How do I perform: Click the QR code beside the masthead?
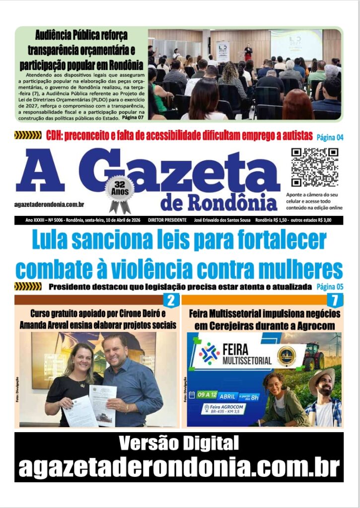(x=314, y=167)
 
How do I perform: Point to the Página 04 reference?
(x=330, y=137)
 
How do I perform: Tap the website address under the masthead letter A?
(x=49, y=204)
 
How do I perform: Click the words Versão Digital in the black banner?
(x=179, y=442)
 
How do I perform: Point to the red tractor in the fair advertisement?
(x=314, y=355)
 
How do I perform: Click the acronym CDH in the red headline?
(x=56, y=135)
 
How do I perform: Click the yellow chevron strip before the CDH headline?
(x=28, y=135)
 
